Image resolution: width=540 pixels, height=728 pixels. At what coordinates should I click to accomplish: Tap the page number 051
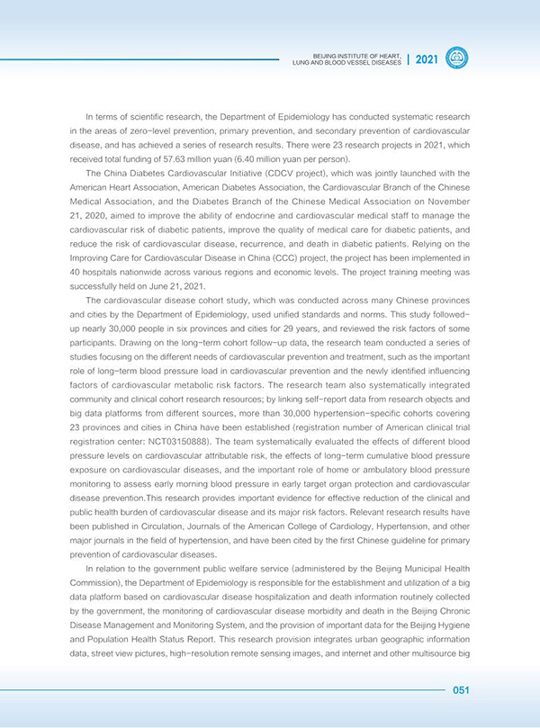[461, 690]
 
